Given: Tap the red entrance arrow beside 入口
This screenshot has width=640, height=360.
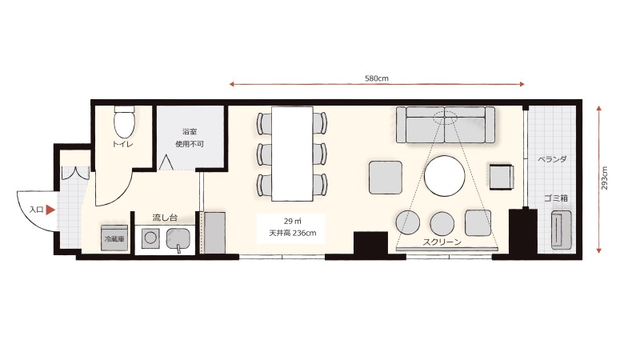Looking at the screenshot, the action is pyautogui.click(x=50, y=210).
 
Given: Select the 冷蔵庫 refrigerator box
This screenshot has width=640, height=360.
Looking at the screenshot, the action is pyautogui.click(x=114, y=238).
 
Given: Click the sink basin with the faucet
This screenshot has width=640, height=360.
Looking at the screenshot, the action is pyautogui.click(x=178, y=238).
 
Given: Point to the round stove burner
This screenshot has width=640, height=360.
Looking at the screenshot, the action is pyautogui.click(x=150, y=238).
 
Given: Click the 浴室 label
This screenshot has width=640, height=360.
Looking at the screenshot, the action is pyautogui.click(x=190, y=132).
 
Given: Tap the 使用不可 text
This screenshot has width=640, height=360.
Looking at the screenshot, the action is pyautogui.click(x=190, y=144).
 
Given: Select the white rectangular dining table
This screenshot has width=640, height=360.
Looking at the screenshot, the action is pyautogui.click(x=292, y=154).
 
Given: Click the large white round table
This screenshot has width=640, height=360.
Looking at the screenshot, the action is pyautogui.click(x=445, y=176).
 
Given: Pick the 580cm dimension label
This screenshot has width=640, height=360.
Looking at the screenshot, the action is pyautogui.click(x=376, y=78).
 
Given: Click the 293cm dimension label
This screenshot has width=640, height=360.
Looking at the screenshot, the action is pyautogui.click(x=605, y=178).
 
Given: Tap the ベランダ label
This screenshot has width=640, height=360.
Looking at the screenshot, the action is pyautogui.click(x=552, y=159).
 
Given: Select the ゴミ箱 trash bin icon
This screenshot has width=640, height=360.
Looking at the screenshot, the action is pyautogui.click(x=562, y=230).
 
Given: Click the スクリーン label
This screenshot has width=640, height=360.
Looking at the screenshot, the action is pyautogui.click(x=442, y=242).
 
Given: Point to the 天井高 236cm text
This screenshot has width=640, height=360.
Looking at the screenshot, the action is pyautogui.click(x=292, y=234).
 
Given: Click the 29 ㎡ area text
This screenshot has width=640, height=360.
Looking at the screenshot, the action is pyautogui.click(x=292, y=222).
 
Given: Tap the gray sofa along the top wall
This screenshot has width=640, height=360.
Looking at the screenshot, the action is pyautogui.click(x=446, y=125).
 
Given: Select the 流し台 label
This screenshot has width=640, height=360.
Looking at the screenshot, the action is pyautogui.click(x=165, y=218).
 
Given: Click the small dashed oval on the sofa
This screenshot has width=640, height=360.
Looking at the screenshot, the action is pyautogui.click(x=445, y=118).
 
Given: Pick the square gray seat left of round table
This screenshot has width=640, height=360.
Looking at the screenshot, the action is pyautogui.click(x=386, y=178).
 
